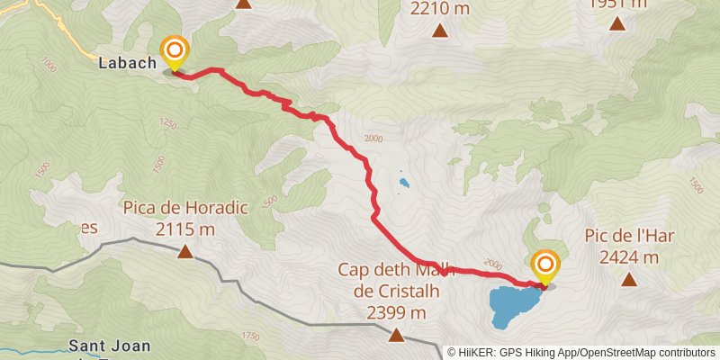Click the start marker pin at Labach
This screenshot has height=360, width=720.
173,51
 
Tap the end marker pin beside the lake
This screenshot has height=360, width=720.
545,265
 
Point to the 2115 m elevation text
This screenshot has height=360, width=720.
184,230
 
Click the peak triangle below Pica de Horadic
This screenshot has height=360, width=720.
184,252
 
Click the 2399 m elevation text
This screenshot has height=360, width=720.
396,312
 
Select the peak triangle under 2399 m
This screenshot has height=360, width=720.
396,336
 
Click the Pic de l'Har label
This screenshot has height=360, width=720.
629,237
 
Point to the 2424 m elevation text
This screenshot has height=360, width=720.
629,257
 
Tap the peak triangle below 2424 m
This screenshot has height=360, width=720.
629,279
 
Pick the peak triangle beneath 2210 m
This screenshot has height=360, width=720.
440,31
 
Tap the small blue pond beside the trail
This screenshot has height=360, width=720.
404,185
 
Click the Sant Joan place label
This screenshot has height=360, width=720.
110,346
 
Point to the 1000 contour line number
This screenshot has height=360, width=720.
48,65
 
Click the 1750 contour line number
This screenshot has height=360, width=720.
250,337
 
